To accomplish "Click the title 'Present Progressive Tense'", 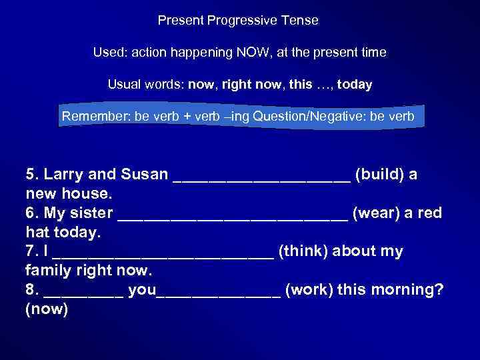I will pos(238,21).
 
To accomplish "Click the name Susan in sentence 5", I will pos(145,175).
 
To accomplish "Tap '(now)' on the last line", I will pos(47,310).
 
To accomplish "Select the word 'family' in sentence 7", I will pos(47,271).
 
